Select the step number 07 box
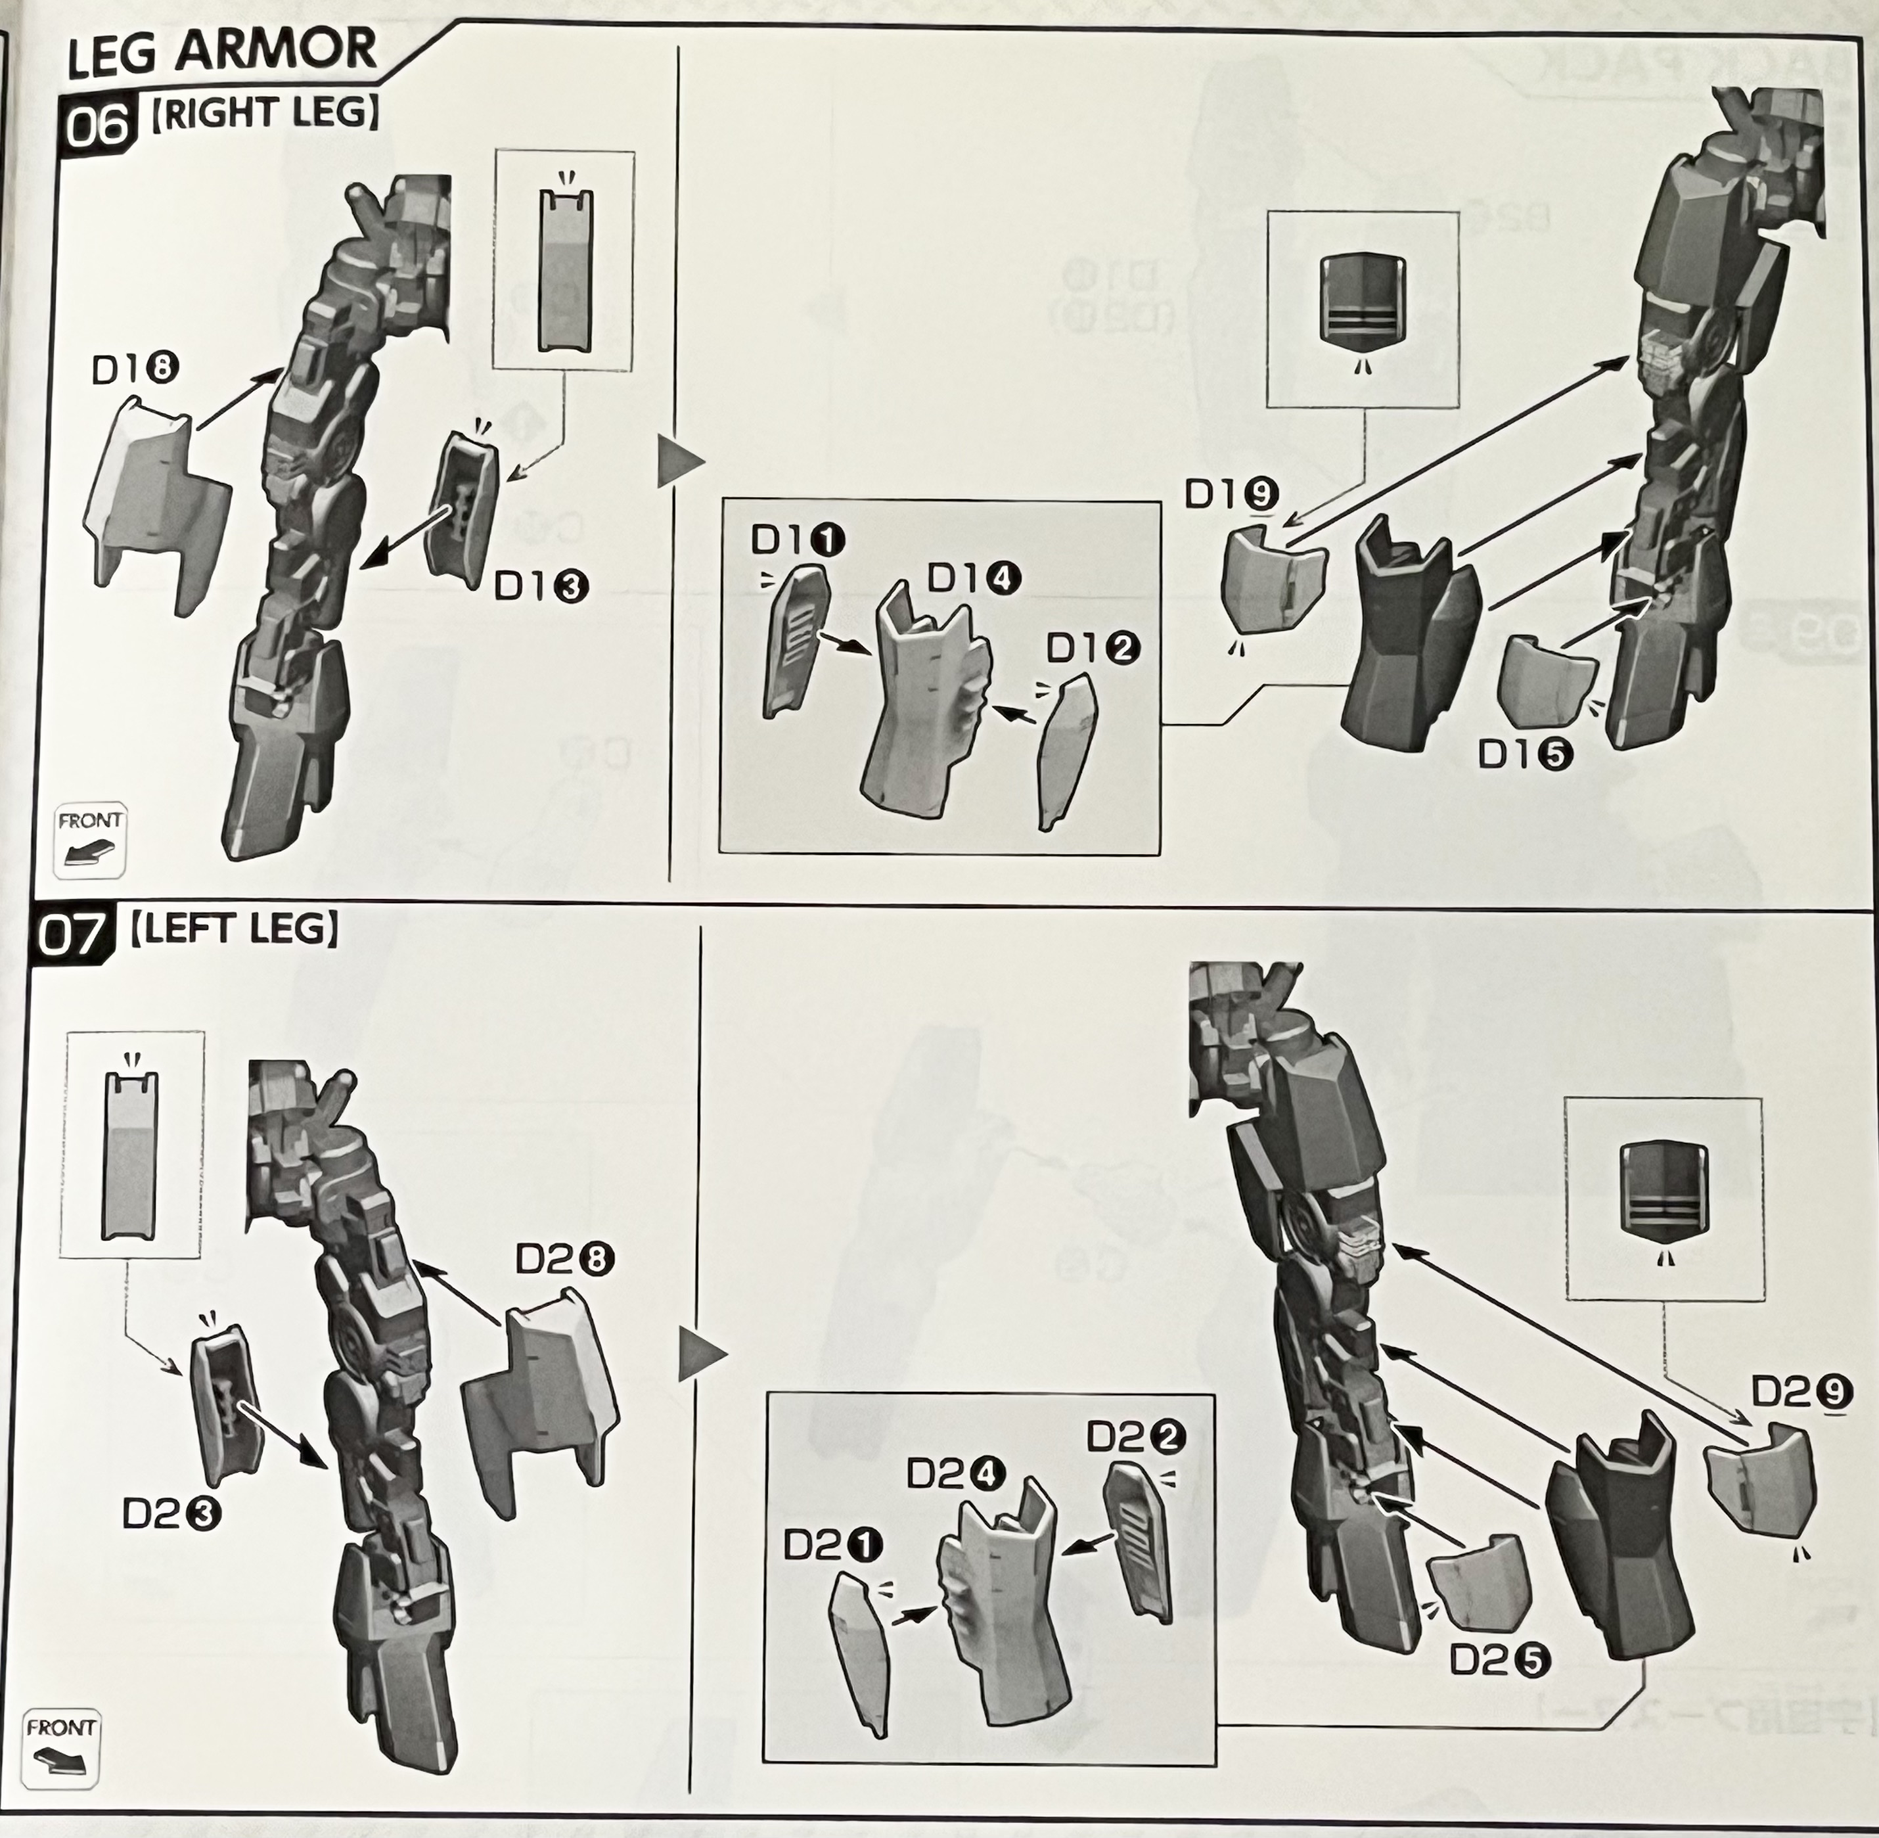coord(70,935)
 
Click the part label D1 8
coord(136,370)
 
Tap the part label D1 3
coord(541,585)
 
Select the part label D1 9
coord(1233,494)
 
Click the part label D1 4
coord(974,578)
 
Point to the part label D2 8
coord(564,1259)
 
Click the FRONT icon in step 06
coord(91,839)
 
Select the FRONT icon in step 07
coord(62,1747)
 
